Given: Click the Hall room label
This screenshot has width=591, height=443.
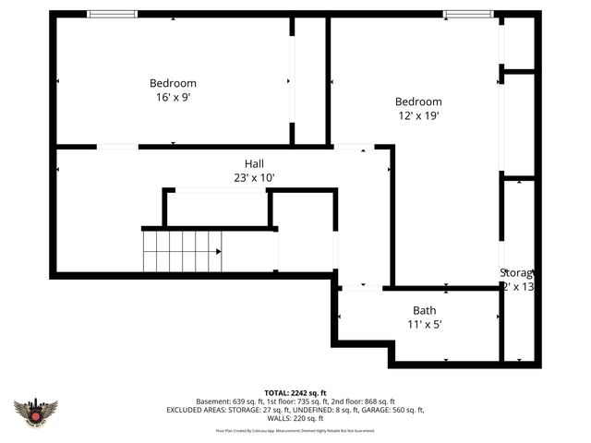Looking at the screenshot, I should coord(254,163).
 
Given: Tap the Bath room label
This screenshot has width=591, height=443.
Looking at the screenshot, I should coord(425,311).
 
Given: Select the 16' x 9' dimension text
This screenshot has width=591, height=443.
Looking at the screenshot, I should coord(173,96).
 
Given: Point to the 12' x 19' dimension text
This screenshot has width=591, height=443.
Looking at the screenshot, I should coord(418,115).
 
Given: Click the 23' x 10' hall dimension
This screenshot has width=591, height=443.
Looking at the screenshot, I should coord(254,177).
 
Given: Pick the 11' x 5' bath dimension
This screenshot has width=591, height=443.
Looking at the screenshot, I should coord(425,325).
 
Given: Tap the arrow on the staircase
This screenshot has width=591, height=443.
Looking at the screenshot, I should coord(218,251).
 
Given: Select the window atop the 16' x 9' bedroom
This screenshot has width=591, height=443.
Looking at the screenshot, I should coord(113,14).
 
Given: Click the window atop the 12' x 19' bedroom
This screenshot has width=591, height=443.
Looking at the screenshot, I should coord(468,14).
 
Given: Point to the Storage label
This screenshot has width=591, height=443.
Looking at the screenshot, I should coord(517,273).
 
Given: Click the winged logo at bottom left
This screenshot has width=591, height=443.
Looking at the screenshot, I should coord(35,412).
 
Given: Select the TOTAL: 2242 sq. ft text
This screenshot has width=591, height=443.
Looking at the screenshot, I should coord(295,392).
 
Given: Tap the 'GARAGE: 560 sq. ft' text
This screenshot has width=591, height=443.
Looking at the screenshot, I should coord(394,410).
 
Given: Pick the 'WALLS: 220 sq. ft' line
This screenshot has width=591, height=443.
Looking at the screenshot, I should coord(295,418).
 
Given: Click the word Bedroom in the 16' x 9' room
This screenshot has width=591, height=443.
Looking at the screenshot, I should coord(173,83).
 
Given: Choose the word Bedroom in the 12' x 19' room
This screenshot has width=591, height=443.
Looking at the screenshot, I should coord(418,102).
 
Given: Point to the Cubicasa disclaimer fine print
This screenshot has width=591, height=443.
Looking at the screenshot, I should coord(295,430).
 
